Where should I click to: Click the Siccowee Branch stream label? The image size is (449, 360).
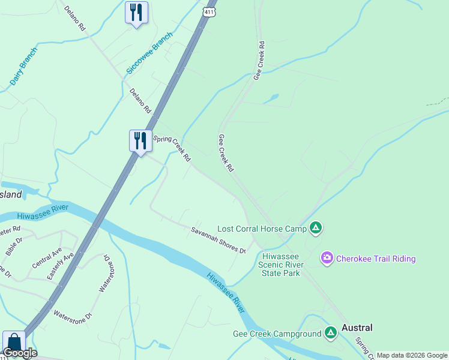click(142, 58)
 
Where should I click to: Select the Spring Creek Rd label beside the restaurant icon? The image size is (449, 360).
click(172, 149)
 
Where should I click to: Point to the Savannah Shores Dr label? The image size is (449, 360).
click(219, 239)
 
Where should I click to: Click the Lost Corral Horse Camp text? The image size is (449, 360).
click(261, 229)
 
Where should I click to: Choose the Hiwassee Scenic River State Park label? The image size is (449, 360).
click(281, 264)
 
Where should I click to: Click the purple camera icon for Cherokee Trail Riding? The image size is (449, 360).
click(327, 259)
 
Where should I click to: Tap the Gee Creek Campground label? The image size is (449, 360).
click(277, 334)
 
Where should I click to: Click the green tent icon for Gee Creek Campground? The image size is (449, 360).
click(330, 333)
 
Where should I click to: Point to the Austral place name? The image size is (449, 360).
click(357, 328)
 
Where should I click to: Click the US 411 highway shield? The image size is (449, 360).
click(208, 13)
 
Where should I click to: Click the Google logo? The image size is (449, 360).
click(20, 353)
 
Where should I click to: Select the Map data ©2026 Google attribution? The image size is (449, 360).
click(411, 355)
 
